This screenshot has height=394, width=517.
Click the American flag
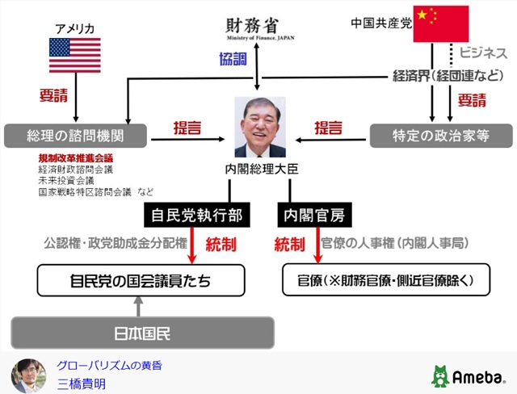(74, 56)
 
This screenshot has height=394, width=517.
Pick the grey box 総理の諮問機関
(75, 134)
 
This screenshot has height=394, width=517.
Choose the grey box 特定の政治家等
(440, 134)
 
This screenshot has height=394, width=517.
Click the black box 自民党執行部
(194, 216)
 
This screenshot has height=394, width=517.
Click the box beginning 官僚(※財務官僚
(385, 281)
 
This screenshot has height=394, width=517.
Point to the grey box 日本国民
(141, 331)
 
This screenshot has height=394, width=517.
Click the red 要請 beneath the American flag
(55, 94)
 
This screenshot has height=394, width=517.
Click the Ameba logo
(468, 375)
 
